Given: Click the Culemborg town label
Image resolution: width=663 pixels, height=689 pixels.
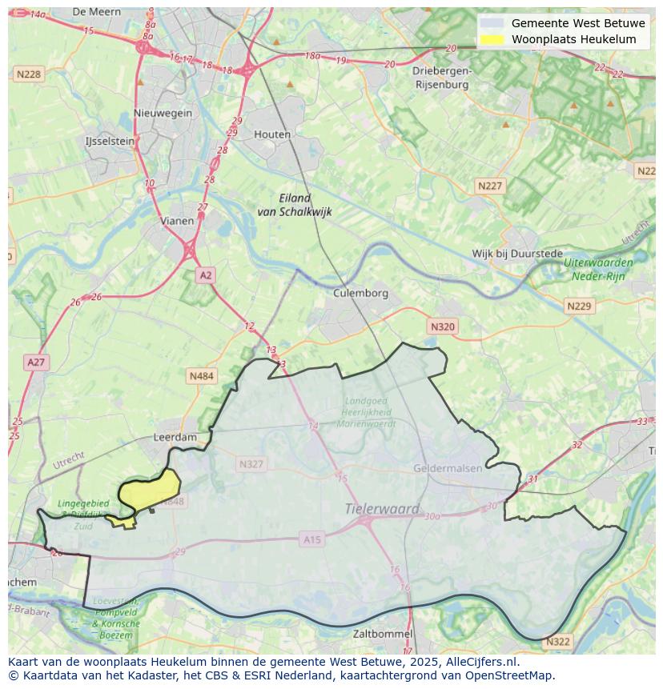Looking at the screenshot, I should [x=360, y=293].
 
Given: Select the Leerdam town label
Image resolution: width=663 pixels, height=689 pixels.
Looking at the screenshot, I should [x=175, y=438].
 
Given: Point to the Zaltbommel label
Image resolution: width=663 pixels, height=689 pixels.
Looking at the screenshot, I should [x=383, y=634].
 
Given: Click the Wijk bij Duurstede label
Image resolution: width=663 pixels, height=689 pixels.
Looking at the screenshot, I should [x=517, y=254].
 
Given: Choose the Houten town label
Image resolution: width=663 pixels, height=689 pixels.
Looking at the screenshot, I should [x=272, y=134].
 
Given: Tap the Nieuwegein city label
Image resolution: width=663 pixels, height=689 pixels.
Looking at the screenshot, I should [x=163, y=113].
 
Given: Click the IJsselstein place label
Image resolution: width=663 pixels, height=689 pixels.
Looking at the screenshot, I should [x=110, y=141].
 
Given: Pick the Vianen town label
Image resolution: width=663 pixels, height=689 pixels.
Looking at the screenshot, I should [x=177, y=221].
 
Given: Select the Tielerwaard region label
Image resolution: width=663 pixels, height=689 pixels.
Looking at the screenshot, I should [x=382, y=509].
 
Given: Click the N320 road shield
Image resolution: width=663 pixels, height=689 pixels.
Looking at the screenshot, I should [x=442, y=326].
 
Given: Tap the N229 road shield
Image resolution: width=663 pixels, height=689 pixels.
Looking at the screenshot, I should [x=578, y=306].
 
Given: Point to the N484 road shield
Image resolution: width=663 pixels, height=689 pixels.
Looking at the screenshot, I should [x=202, y=375].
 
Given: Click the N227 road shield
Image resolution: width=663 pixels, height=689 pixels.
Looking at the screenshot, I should [x=490, y=186].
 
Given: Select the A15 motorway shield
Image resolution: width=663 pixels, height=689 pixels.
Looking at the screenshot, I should [x=311, y=540].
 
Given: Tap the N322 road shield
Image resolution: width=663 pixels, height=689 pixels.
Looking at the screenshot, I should [x=557, y=642].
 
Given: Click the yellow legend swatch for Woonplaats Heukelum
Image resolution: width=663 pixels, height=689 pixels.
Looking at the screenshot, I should [x=492, y=39].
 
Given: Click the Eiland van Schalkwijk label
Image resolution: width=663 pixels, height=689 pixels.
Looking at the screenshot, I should [x=294, y=205].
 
